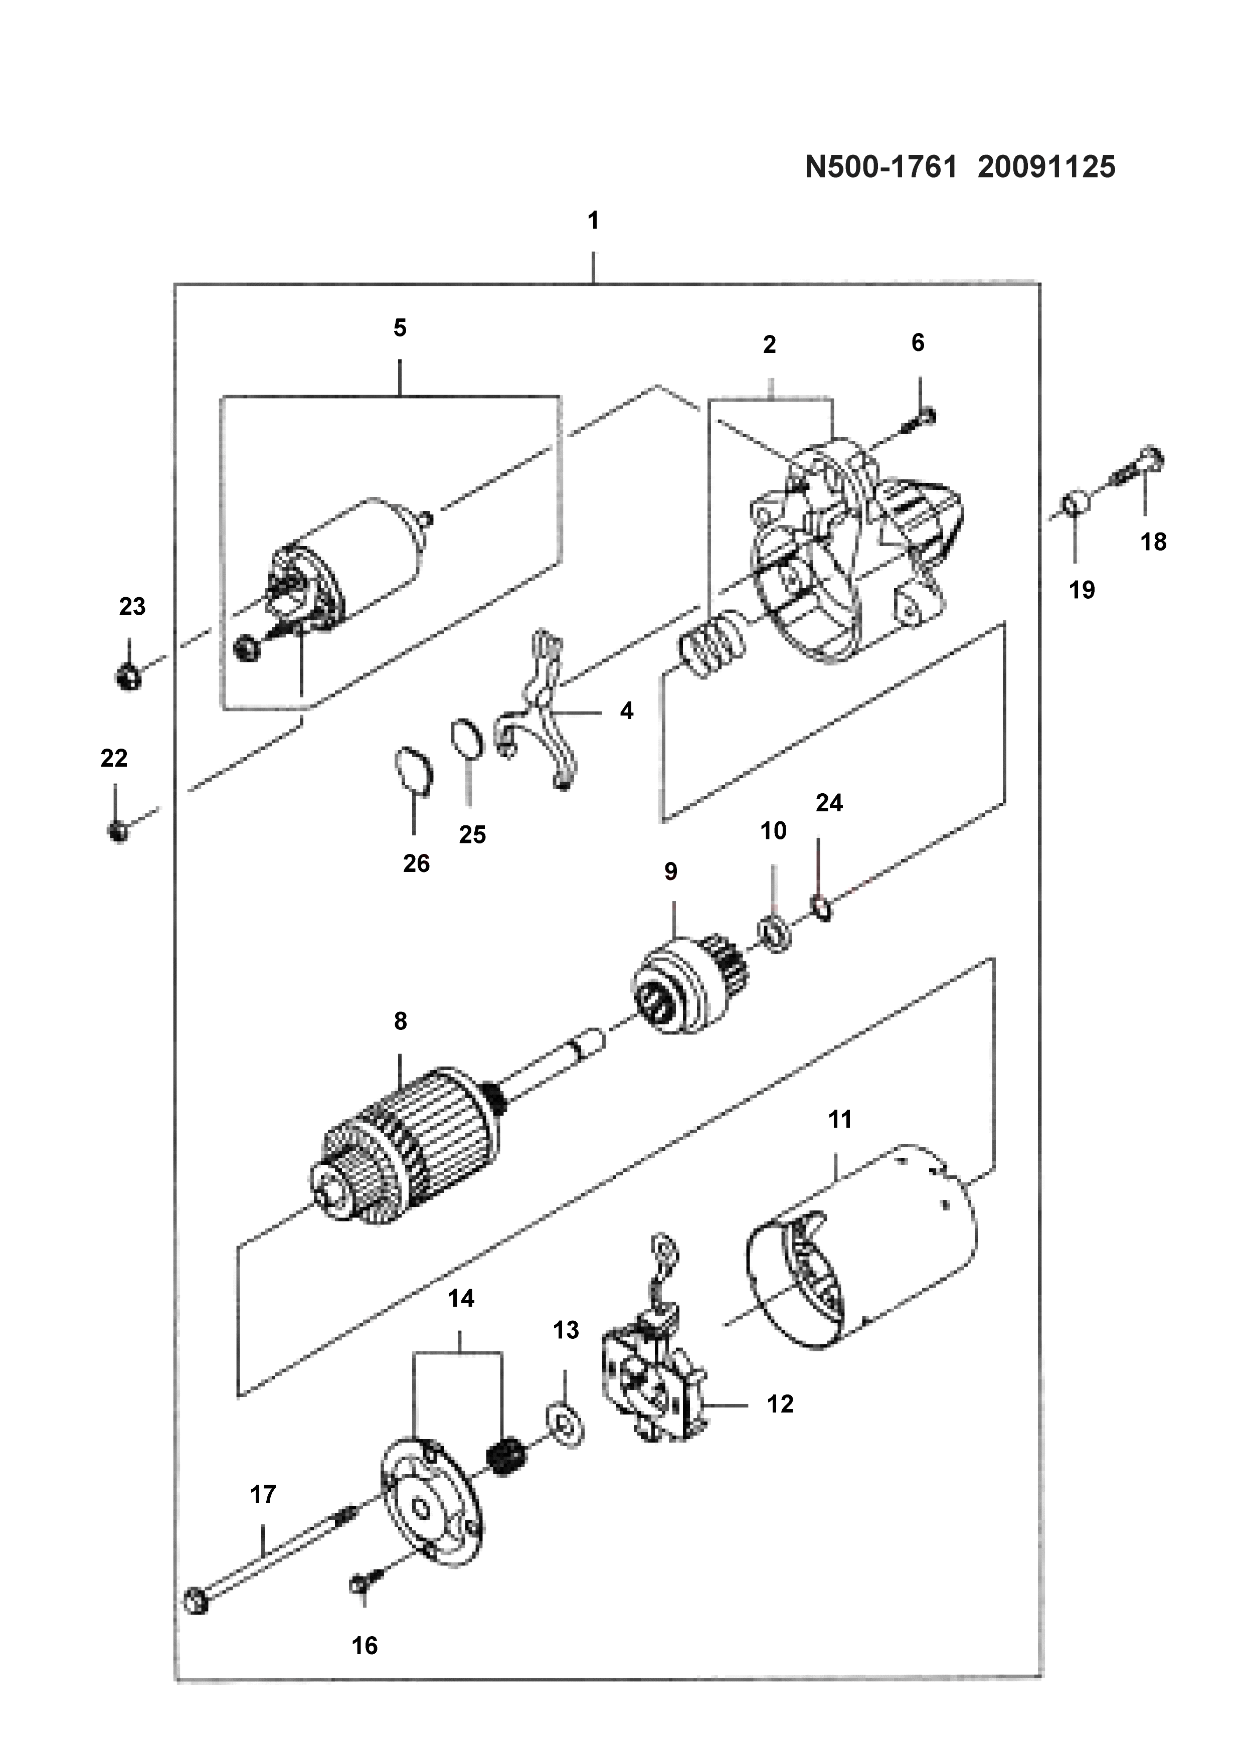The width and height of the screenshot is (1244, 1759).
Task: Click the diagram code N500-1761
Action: (881, 166)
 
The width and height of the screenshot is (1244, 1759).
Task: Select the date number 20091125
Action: (1046, 166)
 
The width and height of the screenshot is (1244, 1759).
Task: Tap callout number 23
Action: (132, 607)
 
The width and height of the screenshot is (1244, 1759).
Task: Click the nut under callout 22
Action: (117, 830)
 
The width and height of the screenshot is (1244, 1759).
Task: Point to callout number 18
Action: (1153, 542)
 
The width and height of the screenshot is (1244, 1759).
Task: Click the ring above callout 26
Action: (414, 769)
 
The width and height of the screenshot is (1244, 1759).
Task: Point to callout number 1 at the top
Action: (593, 221)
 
